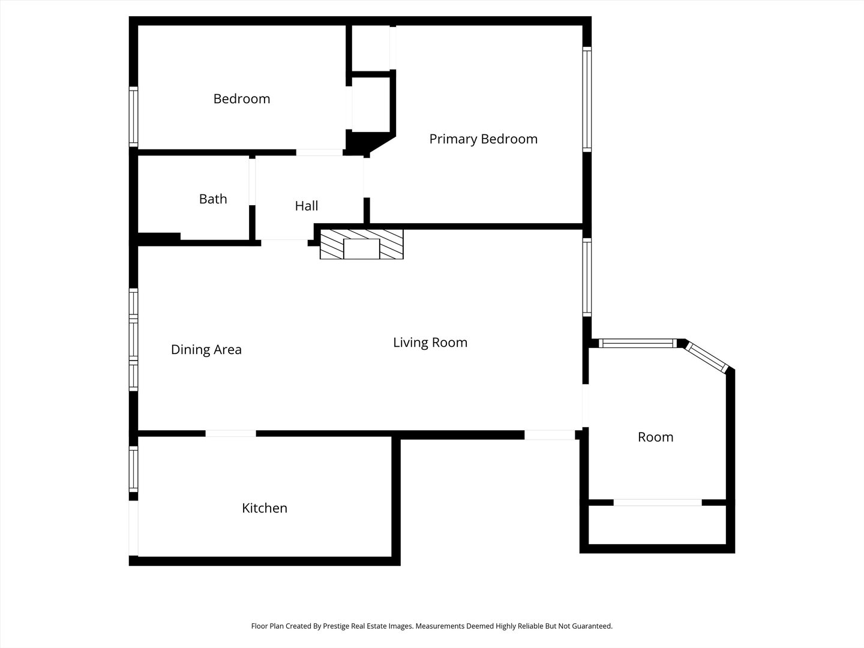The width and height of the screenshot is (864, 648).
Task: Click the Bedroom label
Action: [242, 99]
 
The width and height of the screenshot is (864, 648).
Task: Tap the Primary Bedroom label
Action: [483, 139]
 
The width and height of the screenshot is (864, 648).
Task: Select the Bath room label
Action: [213, 199]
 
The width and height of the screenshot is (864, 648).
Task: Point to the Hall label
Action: [306, 206]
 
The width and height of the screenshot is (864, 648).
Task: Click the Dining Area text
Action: [206, 350]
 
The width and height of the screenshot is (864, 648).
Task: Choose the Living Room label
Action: [430, 343]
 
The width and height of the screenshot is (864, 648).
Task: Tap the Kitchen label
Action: [264, 508]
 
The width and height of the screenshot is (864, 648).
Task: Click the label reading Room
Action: [655, 437]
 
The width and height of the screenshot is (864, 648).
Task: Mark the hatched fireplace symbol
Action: [361, 244]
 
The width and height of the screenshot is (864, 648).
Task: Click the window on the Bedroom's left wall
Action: [134, 116]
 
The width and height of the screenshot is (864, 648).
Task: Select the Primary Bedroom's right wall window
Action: [587, 99]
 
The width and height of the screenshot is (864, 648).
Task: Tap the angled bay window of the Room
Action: [708, 358]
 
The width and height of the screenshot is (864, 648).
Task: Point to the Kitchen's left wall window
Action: [134, 469]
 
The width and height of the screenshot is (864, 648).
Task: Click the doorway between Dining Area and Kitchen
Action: [231, 433]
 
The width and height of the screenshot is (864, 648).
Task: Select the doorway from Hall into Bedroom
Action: [319, 152]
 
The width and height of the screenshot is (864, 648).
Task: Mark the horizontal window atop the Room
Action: [638, 344]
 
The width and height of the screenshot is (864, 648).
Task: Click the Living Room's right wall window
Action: [587, 277]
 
